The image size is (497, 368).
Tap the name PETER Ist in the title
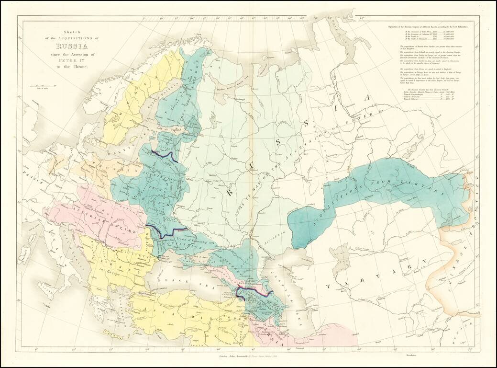(x=71, y=61)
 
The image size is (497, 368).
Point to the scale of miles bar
(x=43, y=87)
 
